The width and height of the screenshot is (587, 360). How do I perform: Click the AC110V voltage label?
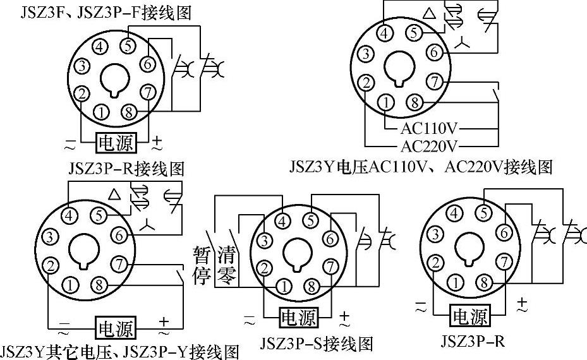point(429,129)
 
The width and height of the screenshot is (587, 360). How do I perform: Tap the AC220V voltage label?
point(429,147)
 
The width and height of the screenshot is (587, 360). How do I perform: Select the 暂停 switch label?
point(202,265)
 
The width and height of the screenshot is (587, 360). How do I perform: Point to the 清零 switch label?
point(227,265)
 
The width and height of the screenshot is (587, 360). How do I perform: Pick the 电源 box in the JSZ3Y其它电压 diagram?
point(115,328)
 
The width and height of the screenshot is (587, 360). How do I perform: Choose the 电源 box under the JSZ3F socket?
point(116,143)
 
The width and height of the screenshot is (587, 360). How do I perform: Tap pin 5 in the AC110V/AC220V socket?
point(414,33)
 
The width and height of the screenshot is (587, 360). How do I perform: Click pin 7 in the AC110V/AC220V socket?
point(434,81)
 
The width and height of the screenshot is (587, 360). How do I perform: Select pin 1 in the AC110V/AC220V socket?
point(386,102)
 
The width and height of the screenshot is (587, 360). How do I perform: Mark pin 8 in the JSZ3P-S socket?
point(312,287)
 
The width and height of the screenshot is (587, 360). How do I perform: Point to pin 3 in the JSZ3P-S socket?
point(264,240)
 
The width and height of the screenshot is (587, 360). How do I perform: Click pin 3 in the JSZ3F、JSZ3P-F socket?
point(82,66)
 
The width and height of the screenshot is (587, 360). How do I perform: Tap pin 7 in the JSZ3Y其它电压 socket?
point(119,265)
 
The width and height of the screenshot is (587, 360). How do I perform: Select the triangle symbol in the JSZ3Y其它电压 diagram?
point(114,195)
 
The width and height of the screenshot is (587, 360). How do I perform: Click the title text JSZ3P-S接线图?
point(317,343)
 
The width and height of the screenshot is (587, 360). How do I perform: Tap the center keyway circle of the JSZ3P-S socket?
point(298,255)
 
